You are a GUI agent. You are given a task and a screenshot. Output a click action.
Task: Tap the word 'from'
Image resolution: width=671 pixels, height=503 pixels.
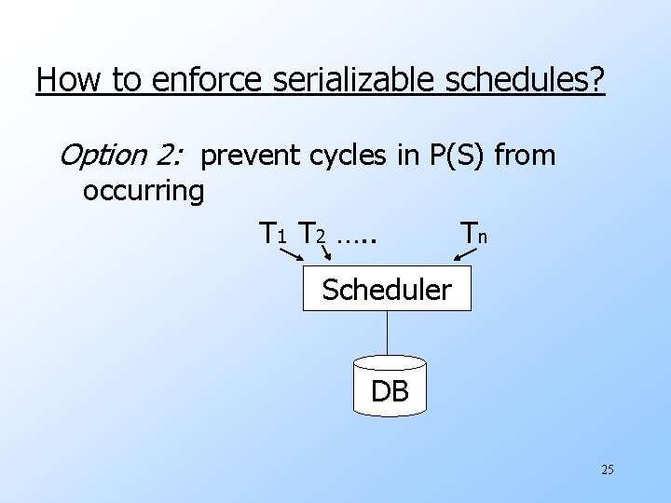525,156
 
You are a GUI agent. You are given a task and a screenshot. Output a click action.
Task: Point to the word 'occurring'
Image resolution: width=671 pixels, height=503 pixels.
143,191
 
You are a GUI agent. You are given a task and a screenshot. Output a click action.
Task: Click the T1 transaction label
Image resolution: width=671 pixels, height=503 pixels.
272,232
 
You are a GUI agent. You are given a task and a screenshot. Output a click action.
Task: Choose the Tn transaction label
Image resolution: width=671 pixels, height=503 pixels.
471,232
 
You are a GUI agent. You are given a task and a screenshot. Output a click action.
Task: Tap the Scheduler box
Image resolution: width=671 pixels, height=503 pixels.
387,290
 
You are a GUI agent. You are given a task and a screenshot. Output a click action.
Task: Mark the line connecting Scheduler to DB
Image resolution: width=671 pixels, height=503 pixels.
388,336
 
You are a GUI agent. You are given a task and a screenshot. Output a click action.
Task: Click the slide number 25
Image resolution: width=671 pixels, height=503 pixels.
607,469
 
